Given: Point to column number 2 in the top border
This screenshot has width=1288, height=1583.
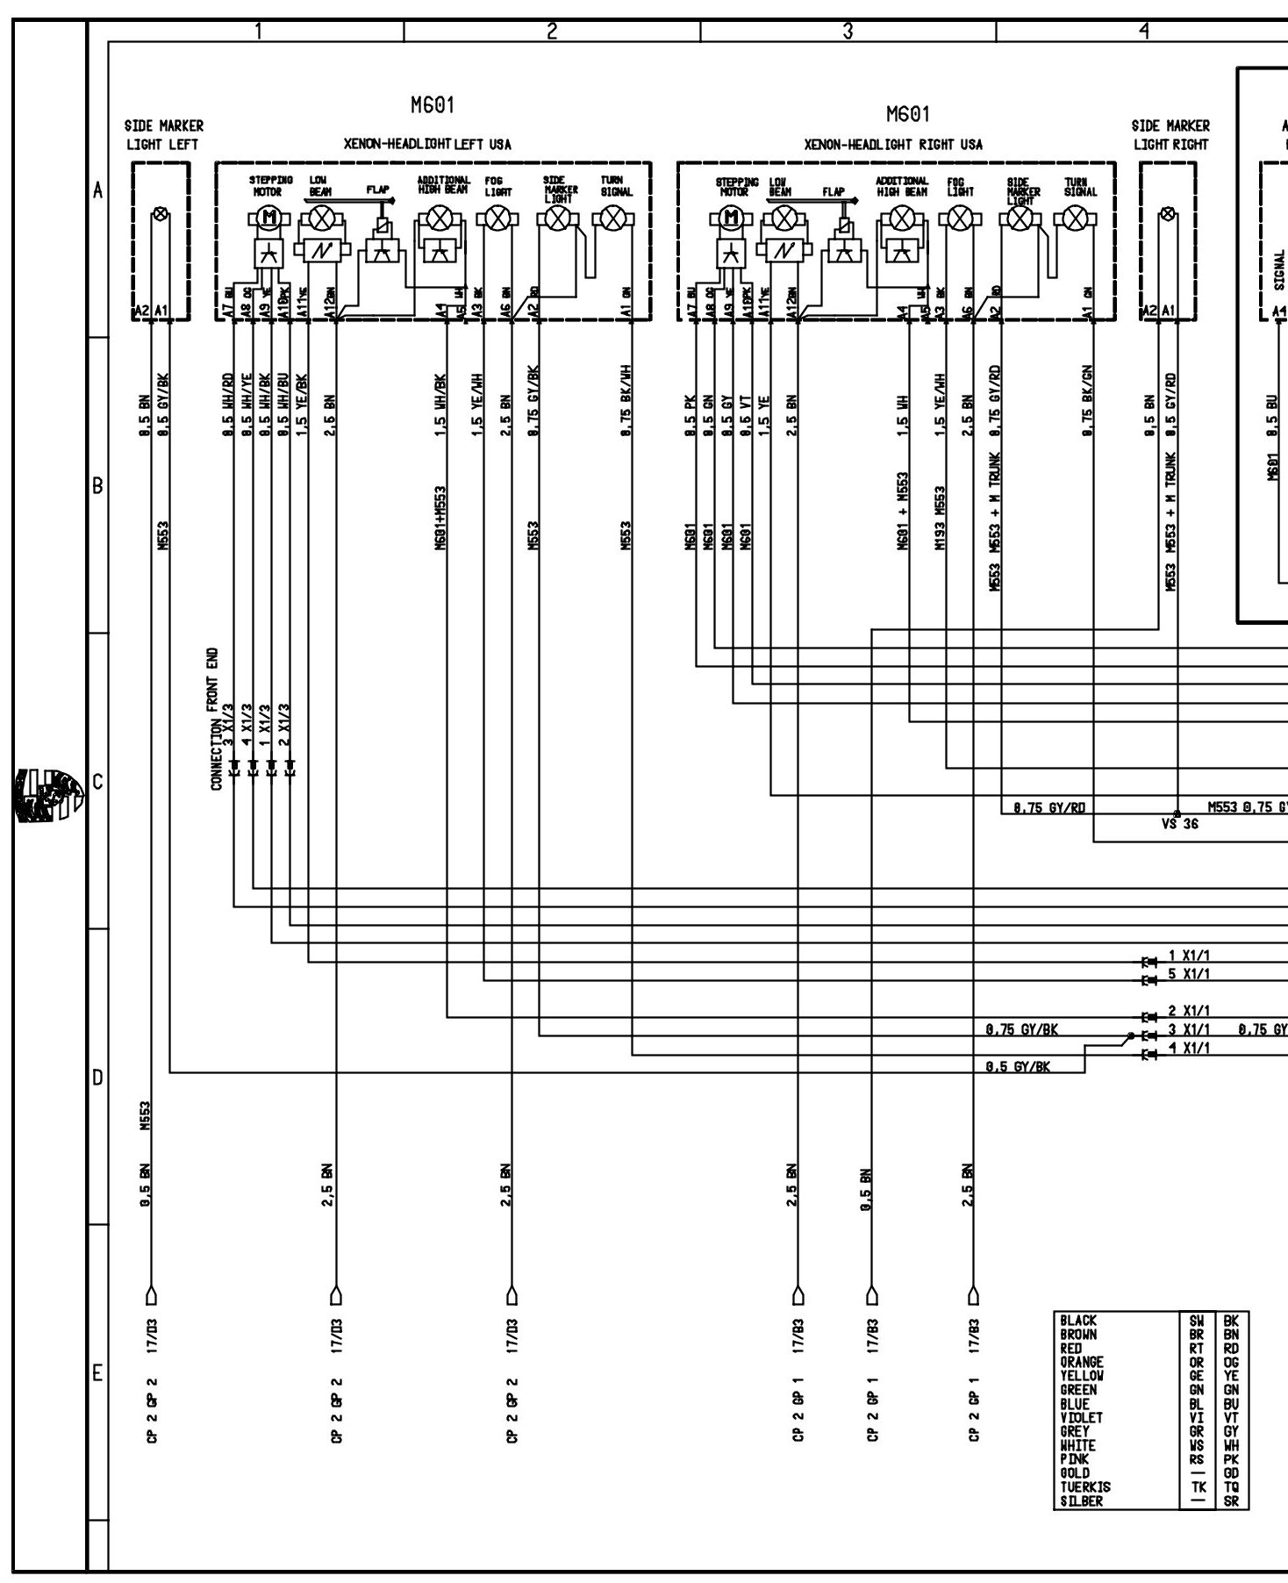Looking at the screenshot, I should (x=552, y=32).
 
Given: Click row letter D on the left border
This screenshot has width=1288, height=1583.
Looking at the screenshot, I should (x=97, y=1077).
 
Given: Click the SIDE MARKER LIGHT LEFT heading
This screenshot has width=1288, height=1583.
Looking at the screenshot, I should (x=164, y=135).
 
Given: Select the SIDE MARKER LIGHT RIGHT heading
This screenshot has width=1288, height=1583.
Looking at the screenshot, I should (x=1170, y=135).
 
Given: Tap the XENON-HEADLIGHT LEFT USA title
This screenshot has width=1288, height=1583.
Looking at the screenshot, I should (x=426, y=145).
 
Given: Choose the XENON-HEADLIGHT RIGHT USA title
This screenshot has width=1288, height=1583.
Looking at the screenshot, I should (x=893, y=145).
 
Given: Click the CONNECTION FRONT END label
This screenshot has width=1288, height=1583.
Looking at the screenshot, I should (x=216, y=720).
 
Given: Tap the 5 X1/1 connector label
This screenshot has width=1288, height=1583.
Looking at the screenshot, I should (x=1189, y=974).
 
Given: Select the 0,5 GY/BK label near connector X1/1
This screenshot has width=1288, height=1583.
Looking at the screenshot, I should (x=1017, y=1066).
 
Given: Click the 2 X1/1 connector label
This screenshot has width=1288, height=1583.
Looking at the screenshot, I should (x=1189, y=1011).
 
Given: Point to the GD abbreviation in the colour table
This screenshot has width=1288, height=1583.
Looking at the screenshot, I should (x=1231, y=1473).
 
